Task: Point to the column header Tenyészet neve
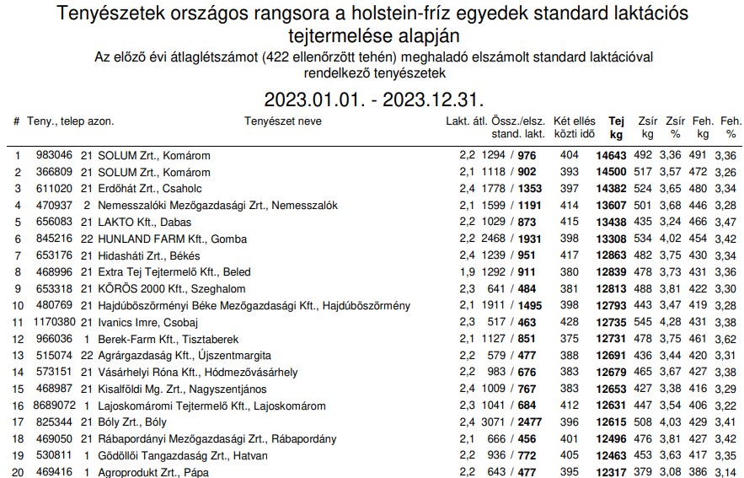[x=283, y=121]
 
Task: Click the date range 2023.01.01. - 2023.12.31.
[x=374, y=99]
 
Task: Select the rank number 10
[x=17, y=305]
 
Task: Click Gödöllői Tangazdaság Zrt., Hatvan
[x=182, y=456]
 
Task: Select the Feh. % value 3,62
[x=725, y=339]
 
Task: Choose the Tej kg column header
[x=616, y=127]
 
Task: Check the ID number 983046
[x=52, y=156]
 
